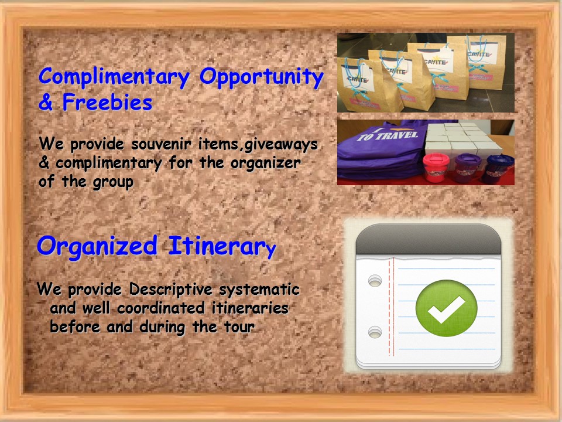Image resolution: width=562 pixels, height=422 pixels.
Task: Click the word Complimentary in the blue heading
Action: click(114, 78)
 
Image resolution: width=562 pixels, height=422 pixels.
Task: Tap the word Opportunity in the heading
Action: click(262, 78)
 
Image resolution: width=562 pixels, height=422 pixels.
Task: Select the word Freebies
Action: click(108, 102)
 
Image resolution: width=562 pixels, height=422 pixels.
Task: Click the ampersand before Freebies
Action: click(46, 102)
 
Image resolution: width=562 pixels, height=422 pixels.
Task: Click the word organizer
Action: click(266, 164)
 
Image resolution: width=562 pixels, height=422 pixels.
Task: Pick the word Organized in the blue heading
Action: click(97, 247)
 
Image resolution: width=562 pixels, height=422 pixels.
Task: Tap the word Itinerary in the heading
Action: click(222, 247)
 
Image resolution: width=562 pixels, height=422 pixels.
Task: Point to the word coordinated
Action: click(161, 308)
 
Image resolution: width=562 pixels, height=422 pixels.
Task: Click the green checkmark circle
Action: click(446, 308)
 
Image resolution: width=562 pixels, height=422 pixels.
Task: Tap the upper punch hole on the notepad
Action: click(375, 281)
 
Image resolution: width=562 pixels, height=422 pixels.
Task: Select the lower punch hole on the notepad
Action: click(375, 332)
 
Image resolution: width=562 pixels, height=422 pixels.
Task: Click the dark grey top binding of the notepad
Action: click(429, 240)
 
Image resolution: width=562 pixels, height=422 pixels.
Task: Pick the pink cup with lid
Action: click(436, 168)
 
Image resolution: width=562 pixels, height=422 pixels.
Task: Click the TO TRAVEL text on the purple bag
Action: click(388, 135)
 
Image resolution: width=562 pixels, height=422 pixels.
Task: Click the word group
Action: click(113, 182)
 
